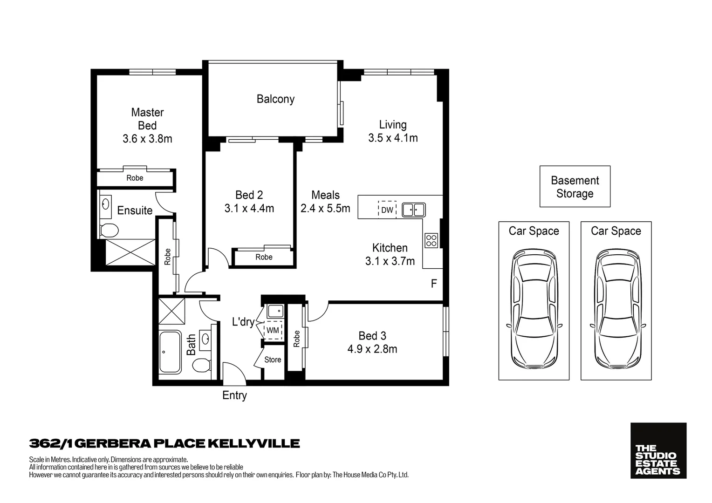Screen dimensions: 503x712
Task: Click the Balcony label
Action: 275,99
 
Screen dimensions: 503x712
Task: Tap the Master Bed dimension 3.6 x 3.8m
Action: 147,139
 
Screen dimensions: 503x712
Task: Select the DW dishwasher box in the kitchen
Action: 387,210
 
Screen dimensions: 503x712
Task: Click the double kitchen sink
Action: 413,210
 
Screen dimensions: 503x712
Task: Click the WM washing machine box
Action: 273,330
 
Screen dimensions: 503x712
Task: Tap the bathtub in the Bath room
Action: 170,352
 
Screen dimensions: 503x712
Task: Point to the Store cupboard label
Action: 273,360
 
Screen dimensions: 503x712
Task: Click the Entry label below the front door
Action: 234,395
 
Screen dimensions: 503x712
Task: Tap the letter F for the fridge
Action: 434,284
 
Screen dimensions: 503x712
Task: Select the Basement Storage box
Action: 575,187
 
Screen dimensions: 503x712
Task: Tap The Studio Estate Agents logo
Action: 658,450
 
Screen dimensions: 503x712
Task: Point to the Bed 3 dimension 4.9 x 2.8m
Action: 372,349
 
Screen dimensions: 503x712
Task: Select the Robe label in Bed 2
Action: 264,257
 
